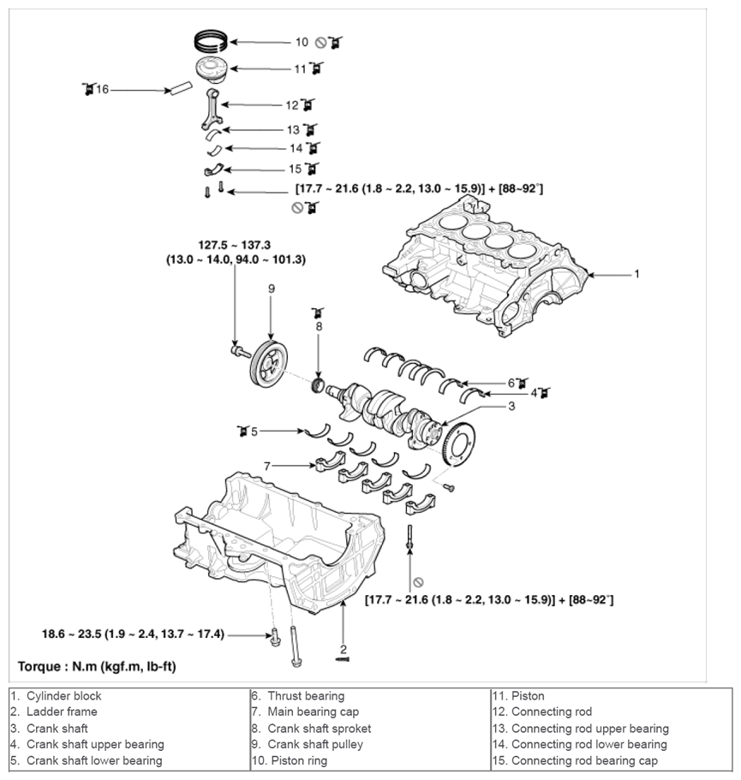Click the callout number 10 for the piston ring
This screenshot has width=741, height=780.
point(302,42)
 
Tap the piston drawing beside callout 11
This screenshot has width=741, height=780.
point(212,68)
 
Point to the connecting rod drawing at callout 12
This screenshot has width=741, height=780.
point(212,109)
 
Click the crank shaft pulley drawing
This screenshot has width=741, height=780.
point(268,364)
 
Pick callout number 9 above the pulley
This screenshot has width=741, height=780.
point(272,289)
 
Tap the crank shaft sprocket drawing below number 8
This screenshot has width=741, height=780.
point(318,385)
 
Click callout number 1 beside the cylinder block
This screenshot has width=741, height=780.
point(636,274)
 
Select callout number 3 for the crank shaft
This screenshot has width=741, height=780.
point(511,407)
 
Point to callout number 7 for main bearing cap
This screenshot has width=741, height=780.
point(267,466)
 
